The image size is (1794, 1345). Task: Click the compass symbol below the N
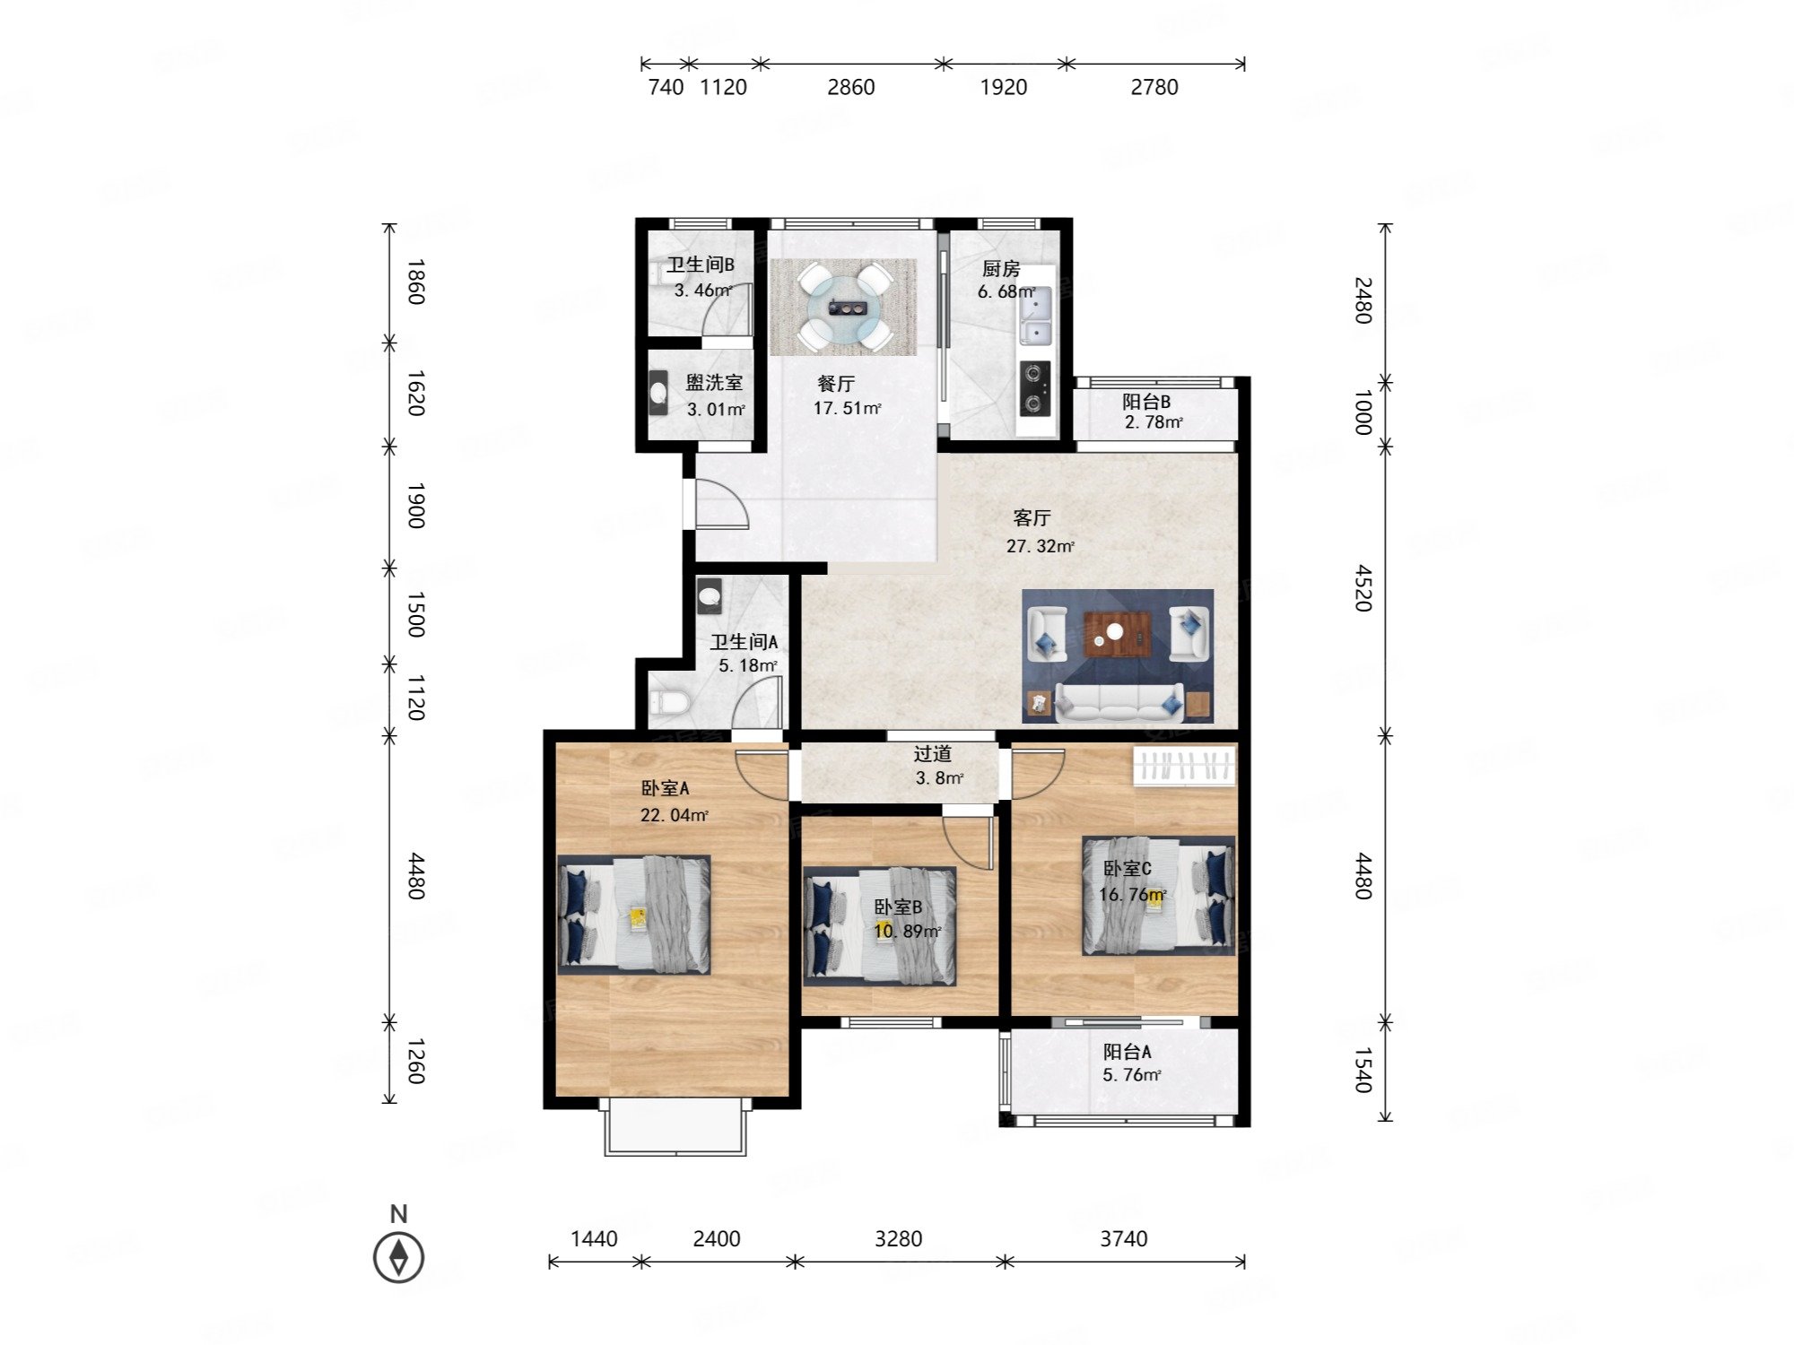pos(398,1257)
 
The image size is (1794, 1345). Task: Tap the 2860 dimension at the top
pos(850,87)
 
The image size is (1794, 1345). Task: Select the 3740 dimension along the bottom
pos(1123,1238)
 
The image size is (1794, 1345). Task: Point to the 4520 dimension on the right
pos(1363,587)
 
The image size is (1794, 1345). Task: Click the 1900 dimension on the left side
pos(415,505)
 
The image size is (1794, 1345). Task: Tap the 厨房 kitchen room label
pos(1001,269)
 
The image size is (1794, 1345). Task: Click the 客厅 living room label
pos(1032,518)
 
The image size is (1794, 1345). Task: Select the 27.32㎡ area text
pos(1040,545)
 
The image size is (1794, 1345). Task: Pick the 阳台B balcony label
pos(1146,402)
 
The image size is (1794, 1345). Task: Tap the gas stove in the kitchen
pos(1033,387)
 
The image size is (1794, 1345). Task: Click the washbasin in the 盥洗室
pos(658,393)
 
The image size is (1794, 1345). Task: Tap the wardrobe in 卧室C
pos(1184,766)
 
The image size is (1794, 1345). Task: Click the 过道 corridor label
pos(933,754)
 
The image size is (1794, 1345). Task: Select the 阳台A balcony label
pos(1127,1051)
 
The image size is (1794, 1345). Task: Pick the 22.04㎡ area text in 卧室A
pos(674,815)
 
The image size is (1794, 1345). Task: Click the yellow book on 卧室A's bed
pos(638,916)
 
